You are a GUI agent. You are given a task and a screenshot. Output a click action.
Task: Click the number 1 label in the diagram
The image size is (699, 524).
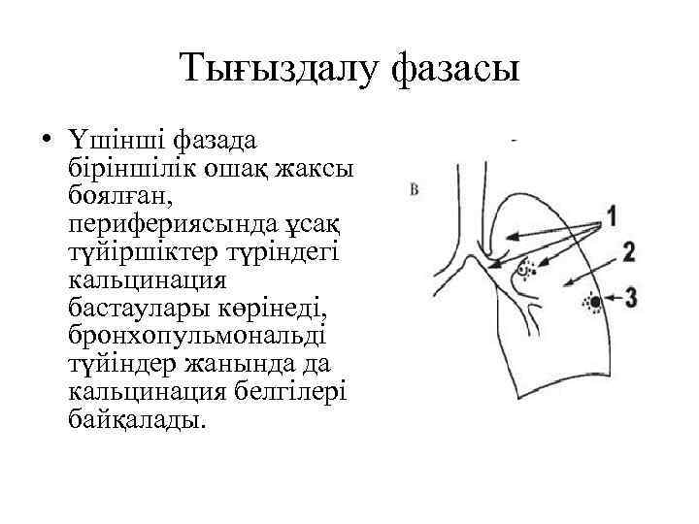pos(613,215)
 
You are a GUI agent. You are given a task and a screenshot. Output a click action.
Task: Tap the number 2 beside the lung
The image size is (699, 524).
pos(628,252)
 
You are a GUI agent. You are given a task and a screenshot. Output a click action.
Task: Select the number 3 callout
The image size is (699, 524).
pos(631,296)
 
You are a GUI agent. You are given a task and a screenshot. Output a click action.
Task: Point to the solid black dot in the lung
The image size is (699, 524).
pos(594,304)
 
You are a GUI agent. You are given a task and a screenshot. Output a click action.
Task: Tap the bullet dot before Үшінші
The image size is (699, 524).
pos(46,140)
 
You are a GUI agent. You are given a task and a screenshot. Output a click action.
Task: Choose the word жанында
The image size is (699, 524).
pos(260,364)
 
